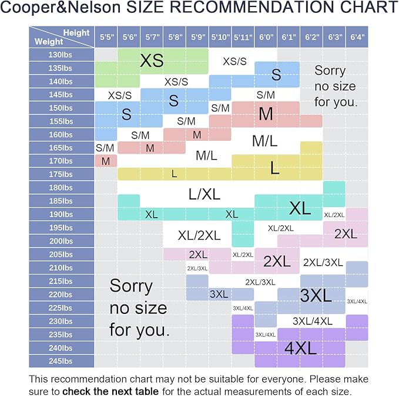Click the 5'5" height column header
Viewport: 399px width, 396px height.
(106, 37)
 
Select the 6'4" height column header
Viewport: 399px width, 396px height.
(356, 37)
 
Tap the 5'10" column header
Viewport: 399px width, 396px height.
(220, 37)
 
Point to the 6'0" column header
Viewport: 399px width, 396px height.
(266, 37)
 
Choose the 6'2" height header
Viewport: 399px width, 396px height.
(311, 37)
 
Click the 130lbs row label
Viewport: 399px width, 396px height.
(61, 55)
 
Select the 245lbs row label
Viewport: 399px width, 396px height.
(61, 361)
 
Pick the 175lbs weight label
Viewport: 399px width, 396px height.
(61, 174)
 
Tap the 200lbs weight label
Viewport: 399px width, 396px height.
(61, 241)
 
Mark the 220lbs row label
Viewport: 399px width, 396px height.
(61, 295)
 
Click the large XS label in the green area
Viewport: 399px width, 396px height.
(152, 60)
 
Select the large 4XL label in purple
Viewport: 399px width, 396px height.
(300, 347)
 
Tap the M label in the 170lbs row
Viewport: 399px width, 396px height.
(106, 161)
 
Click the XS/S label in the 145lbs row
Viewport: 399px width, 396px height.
(120, 94)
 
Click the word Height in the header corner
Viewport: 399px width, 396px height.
(76, 33)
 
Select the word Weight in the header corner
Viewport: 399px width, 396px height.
(49, 42)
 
